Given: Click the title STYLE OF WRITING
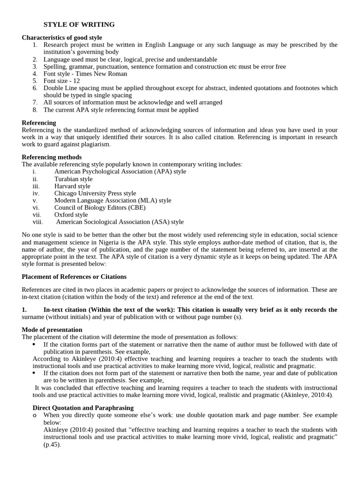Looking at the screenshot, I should [x=79, y=24].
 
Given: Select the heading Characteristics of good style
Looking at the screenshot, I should [x=62, y=37].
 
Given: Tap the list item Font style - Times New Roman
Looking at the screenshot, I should [x=85, y=74].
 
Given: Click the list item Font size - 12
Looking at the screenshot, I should [x=62, y=81].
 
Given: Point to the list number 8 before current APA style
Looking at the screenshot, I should [x=35, y=110].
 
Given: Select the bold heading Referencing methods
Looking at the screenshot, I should [x=52, y=157].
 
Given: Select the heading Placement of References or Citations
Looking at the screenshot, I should [x=74, y=277].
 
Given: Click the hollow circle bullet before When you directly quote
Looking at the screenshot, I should [x=35, y=415].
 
